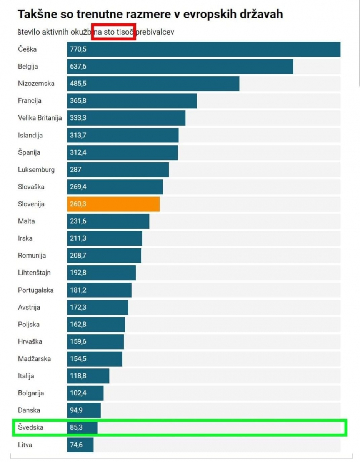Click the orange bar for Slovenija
click(113, 204)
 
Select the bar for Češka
click(204, 49)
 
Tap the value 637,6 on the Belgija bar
click(78, 67)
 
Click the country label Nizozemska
click(36, 84)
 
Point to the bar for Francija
click(132, 101)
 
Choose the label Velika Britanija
click(40, 118)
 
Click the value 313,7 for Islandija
click(78, 136)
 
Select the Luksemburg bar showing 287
click(118, 170)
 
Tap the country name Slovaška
click(31, 187)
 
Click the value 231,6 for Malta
click(78, 221)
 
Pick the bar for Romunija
click(104, 256)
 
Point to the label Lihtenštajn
click(34, 273)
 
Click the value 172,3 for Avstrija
click(78, 307)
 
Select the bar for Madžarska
click(95, 359)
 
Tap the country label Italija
click(26, 376)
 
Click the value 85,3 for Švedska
click(77, 427)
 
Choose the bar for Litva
click(80, 445)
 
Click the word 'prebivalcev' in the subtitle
click(155, 32)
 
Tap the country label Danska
click(29, 410)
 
